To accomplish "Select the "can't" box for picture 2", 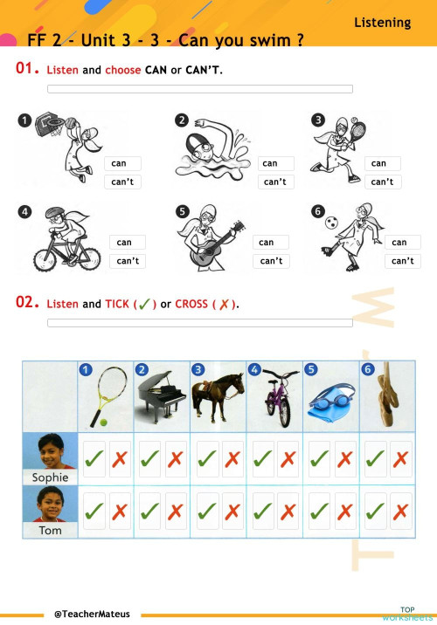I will pos(276,182).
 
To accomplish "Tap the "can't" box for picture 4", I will pos(128,261).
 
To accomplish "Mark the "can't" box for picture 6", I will pos(402,261).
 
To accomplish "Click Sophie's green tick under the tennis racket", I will pos(94,457).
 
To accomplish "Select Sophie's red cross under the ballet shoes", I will pos(401,457).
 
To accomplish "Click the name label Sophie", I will pos(49,477).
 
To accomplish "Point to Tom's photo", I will pos(49,504).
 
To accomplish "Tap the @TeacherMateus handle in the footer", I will pos(92,615).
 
